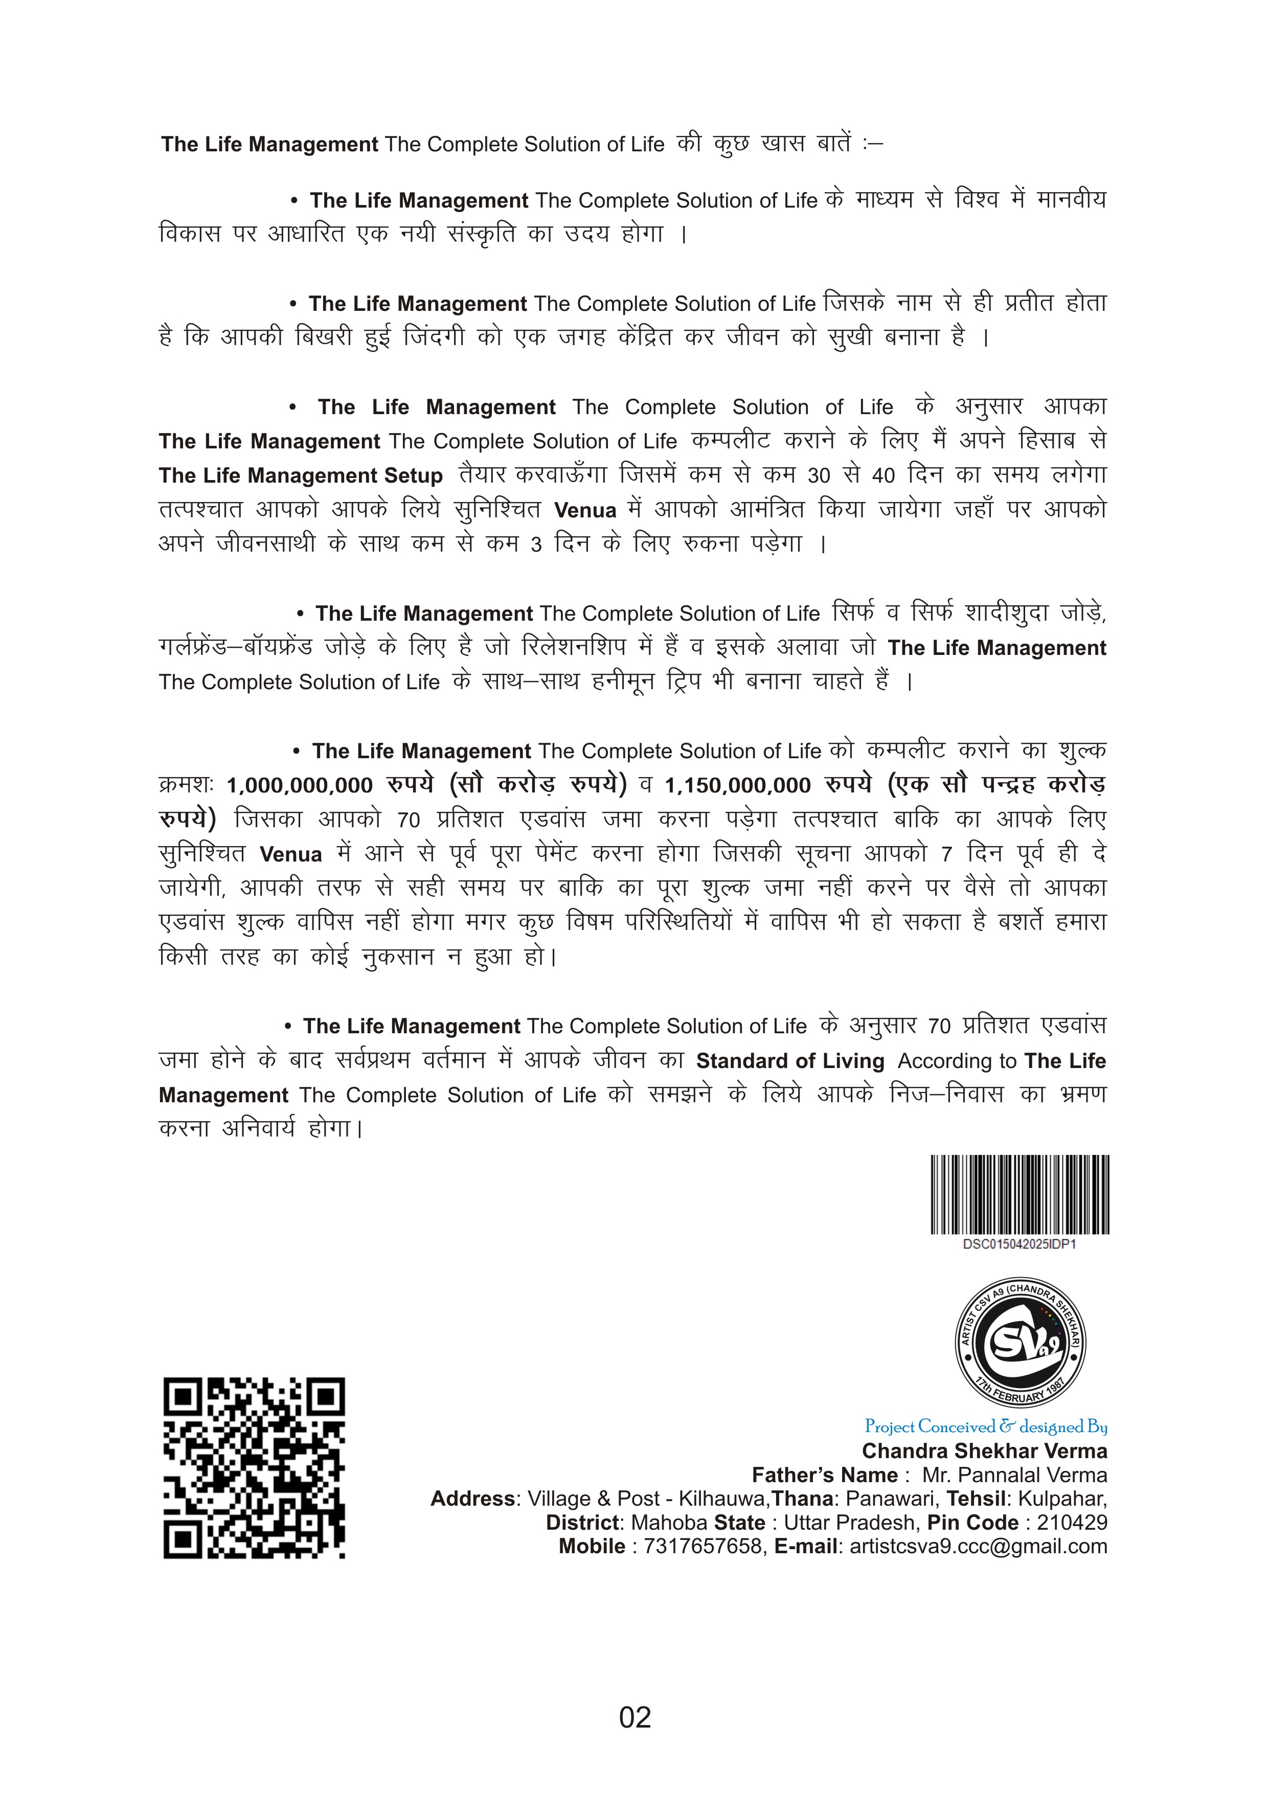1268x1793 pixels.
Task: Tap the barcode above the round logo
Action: click(x=1020, y=1194)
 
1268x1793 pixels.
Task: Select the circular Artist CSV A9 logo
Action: click(x=1021, y=1344)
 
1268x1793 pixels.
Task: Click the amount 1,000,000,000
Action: click(x=300, y=786)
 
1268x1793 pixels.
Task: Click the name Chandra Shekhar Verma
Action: click(x=985, y=1451)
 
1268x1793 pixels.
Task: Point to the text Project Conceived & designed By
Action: click(x=985, y=1427)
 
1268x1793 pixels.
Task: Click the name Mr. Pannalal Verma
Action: click(x=1014, y=1475)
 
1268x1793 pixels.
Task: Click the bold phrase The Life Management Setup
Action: click(x=301, y=475)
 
